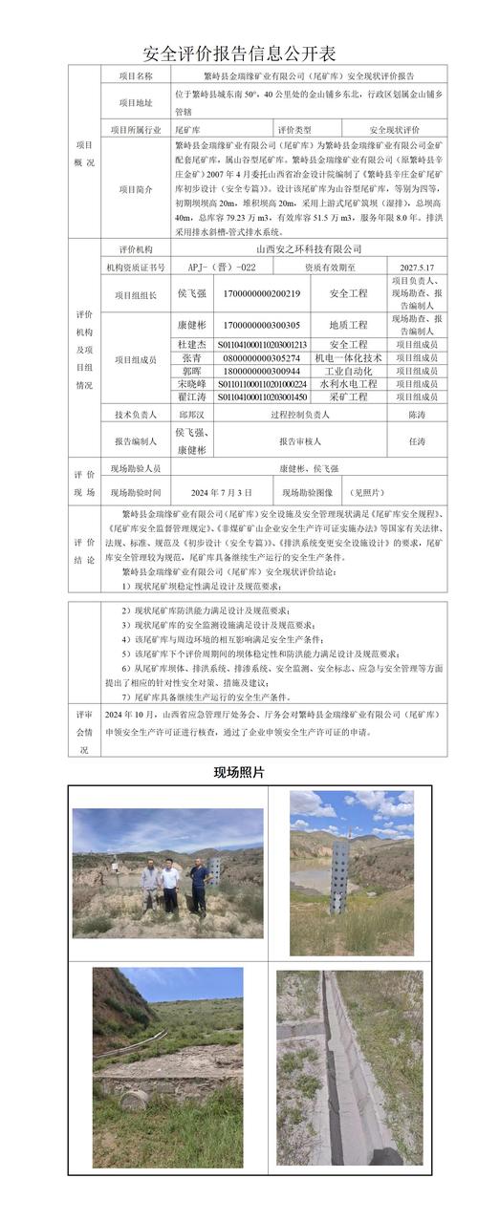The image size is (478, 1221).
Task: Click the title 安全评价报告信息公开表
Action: pyautogui.click(x=239, y=53)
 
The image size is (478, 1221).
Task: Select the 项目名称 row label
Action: pyautogui.click(x=135, y=75)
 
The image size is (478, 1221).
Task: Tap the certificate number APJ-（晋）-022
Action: pyautogui.click(x=222, y=268)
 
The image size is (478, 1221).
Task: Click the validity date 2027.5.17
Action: pyautogui.click(x=417, y=268)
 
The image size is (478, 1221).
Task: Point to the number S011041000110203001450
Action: pyautogui.click(x=262, y=396)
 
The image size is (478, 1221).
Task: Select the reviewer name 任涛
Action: pyautogui.click(x=417, y=442)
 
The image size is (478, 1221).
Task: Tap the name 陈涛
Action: pyautogui.click(x=417, y=415)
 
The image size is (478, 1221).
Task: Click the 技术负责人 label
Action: pyautogui.click(x=135, y=415)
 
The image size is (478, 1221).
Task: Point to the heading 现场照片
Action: pyautogui.click(x=239, y=771)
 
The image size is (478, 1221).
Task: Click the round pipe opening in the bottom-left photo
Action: pyautogui.click(x=134, y=1099)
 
